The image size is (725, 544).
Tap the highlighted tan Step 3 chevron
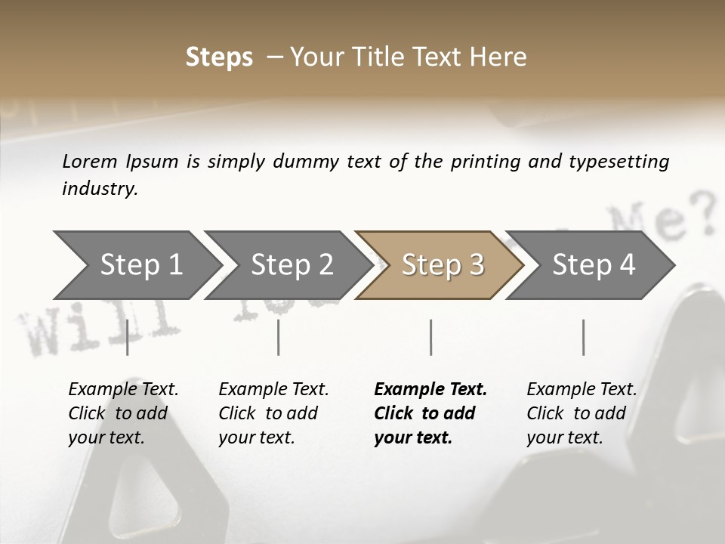tap(443, 265)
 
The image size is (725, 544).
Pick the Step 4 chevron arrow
tap(594, 265)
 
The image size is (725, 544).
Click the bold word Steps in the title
tap(219, 57)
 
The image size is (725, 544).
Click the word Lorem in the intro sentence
tap(90, 162)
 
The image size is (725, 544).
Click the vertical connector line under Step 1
tap(128, 337)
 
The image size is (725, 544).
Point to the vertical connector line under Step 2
tap(279, 337)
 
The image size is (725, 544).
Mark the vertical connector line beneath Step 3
tap(431, 337)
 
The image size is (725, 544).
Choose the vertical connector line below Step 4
tap(584, 337)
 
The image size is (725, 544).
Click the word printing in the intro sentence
tap(484, 162)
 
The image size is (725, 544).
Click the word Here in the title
tap(501, 57)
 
